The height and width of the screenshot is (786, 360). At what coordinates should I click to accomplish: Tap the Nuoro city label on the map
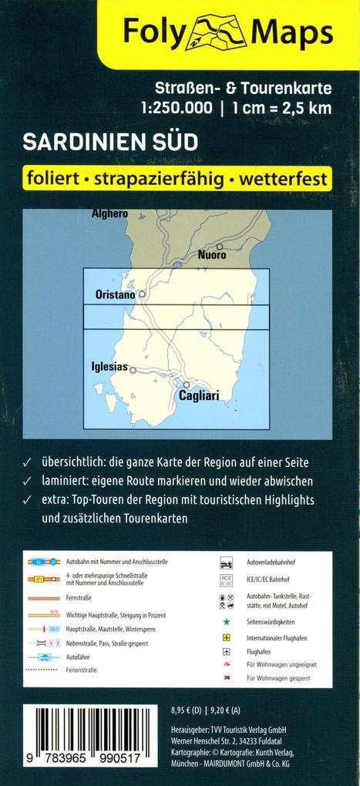click(x=212, y=255)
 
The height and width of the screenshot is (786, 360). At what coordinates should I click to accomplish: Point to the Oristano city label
click(x=115, y=294)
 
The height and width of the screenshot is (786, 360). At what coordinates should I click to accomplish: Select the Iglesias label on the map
click(x=109, y=367)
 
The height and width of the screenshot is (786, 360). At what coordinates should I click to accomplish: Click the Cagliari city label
click(x=199, y=395)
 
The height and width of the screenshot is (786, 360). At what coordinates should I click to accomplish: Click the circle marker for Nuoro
click(x=220, y=247)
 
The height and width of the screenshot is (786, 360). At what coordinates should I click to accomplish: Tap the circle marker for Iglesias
click(x=133, y=370)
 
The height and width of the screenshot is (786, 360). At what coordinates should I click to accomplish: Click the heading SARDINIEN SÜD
click(x=110, y=143)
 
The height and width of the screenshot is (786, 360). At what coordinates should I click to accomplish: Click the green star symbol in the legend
click(x=226, y=620)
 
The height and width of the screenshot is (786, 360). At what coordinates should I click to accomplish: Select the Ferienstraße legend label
click(x=81, y=670)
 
